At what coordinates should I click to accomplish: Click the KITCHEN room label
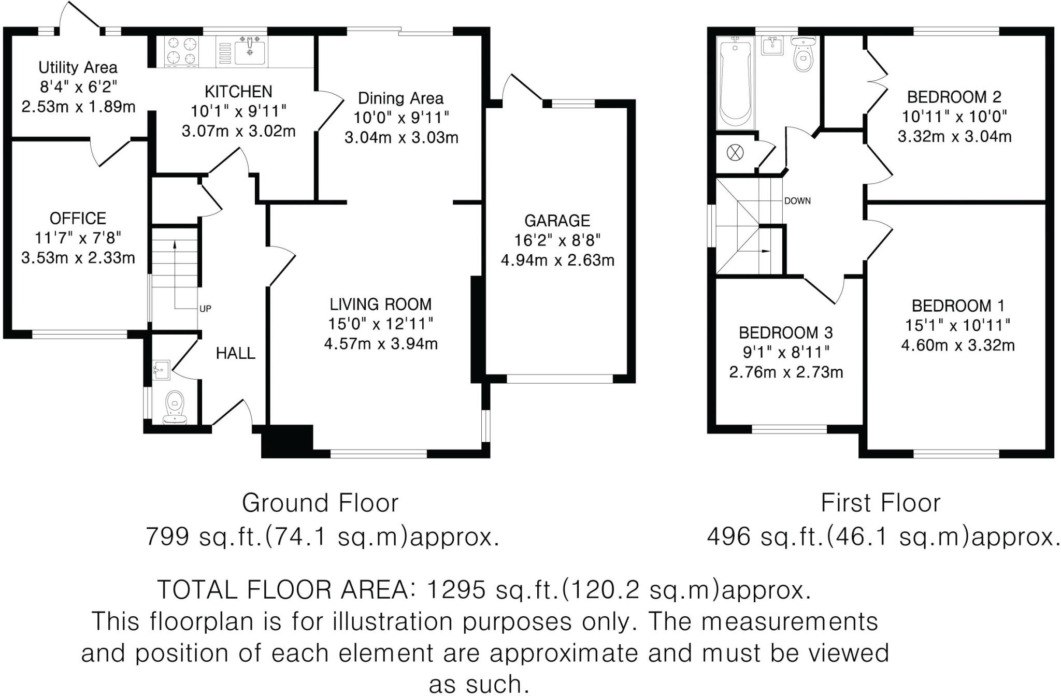[238, 92]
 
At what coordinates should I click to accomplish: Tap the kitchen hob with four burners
[181, 51]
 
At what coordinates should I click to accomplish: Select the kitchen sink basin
[251, 51]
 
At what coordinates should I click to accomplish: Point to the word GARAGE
[557, 221]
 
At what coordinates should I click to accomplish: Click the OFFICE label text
[78, 218]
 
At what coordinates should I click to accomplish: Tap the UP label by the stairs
[205, 309]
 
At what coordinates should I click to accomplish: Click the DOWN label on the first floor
[797, 201]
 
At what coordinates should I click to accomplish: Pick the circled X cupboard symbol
[735, 153]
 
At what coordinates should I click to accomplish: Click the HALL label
[236, 353]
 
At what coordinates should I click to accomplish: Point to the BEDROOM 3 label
[786, 332]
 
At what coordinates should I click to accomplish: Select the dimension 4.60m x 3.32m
[958, 345]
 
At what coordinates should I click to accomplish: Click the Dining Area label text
[401, 98]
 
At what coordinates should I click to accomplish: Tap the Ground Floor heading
[320, 503]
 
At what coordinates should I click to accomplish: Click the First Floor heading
[881, 503]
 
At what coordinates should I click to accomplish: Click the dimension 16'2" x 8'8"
[557, 240]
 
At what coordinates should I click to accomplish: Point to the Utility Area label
[78, 67]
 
